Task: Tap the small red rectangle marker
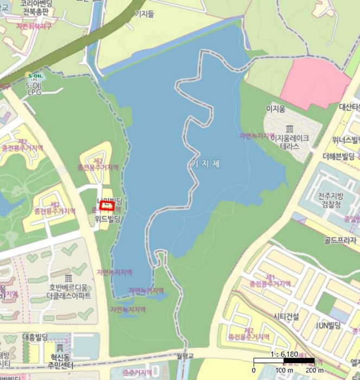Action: pos(106,206)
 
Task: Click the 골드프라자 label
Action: pos(340,240)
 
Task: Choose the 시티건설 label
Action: pos(286,316)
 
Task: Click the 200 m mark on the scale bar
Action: pos(314,370)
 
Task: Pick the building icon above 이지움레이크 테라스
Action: pos(289,129)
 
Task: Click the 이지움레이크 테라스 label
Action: pos(289,142)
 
